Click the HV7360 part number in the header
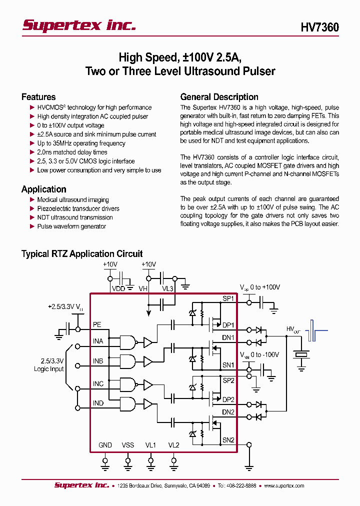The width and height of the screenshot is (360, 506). point(319,27)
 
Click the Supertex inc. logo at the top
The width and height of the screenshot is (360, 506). point(78,25)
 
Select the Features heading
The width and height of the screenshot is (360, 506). point(38,97)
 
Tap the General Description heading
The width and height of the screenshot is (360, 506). point(219,97)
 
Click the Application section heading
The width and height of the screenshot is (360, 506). point(44,189)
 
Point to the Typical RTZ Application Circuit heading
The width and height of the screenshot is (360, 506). point(82,254)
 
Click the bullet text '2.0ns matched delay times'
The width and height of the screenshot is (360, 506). point(72,152)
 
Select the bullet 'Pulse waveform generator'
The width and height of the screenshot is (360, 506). point(71,226)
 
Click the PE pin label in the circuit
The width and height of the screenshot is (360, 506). point(97,324)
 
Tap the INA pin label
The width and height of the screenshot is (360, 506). point(98,341)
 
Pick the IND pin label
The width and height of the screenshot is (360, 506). point(98,403)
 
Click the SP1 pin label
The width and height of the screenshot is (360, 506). point(228,299)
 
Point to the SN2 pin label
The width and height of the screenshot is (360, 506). point(228,440)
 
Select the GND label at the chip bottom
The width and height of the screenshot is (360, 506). point(105,445)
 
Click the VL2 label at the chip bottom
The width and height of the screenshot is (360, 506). point(173,445)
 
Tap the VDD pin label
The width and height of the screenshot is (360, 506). point(118,288)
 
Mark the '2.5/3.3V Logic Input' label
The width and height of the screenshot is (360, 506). point(49,365)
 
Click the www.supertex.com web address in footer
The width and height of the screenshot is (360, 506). point(283,485)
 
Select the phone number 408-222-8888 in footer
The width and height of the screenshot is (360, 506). point(240,485)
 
